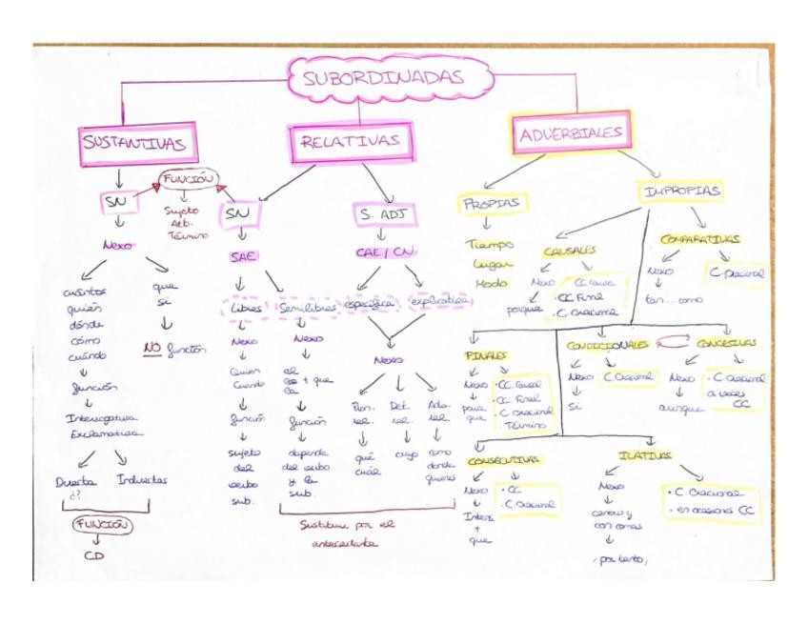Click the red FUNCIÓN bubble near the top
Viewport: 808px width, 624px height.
(187, 178)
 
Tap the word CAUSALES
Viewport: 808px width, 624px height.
(570, 251)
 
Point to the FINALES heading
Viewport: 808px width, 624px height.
(486, 355)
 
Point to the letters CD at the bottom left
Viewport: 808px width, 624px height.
(99, 555)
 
